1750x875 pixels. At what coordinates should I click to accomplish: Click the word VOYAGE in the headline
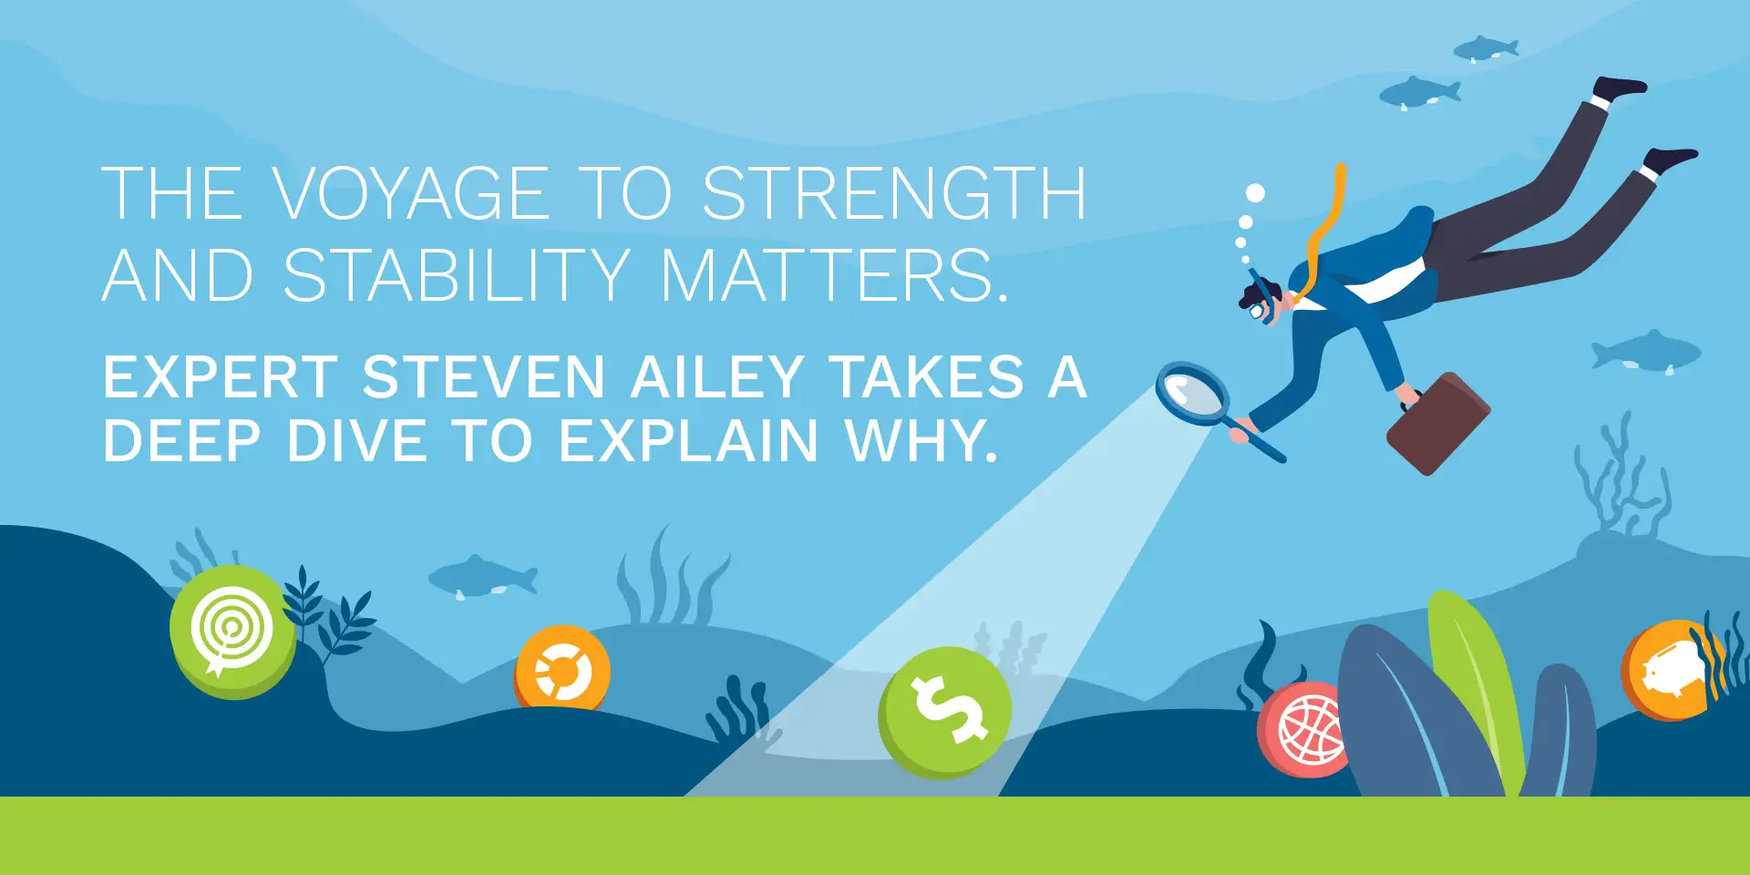(x=410, y=193)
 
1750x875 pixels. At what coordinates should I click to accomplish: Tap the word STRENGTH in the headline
(x=894, y=193)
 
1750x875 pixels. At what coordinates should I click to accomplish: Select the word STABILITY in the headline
(x=457, y=275)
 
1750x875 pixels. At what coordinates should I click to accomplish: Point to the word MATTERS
(x=834, y=275)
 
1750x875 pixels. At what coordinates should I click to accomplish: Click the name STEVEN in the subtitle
(x=483, y=376)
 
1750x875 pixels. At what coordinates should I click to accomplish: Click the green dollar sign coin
(x=945, y=713)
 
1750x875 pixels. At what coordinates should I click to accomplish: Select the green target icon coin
(x=232, y=632)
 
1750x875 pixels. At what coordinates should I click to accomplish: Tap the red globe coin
(x=1303, y=729)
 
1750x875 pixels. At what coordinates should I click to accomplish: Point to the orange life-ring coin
(x=562, y=671)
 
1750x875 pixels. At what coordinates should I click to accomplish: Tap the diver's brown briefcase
(x=1437, y=423)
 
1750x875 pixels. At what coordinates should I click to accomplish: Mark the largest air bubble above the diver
(x=1255, y=193)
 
